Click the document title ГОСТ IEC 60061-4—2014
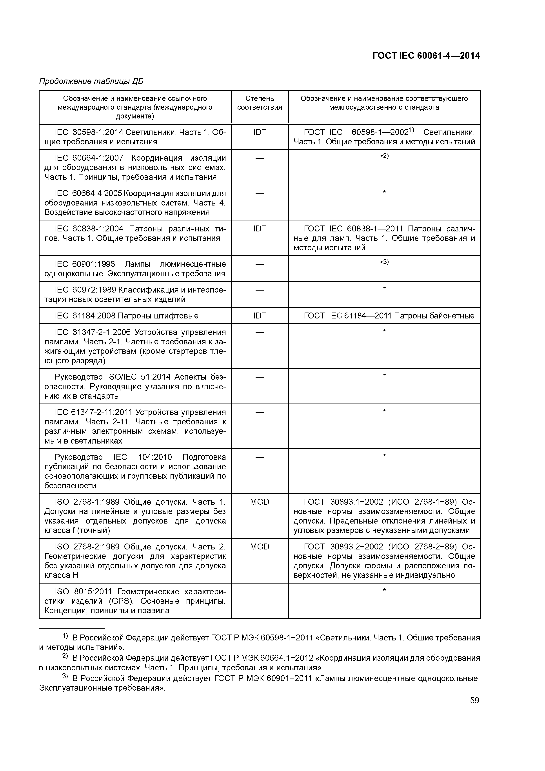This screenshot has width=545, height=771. [426, 56]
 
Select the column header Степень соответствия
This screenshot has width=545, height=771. [259, 103]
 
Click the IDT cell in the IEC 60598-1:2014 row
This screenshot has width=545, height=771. [259, 132]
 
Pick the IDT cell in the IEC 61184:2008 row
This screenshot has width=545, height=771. [259, 316]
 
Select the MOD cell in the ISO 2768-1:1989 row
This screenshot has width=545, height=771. [259, 502]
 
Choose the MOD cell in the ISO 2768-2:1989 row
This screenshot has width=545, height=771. [259, 547]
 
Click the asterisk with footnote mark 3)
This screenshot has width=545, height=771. [384, 262]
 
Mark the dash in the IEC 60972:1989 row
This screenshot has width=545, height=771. [259, 289]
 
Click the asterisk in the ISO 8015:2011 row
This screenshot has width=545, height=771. [384, 590]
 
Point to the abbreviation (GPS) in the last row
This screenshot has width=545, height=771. [121, 601]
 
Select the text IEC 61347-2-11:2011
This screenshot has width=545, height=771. [89, 412]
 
